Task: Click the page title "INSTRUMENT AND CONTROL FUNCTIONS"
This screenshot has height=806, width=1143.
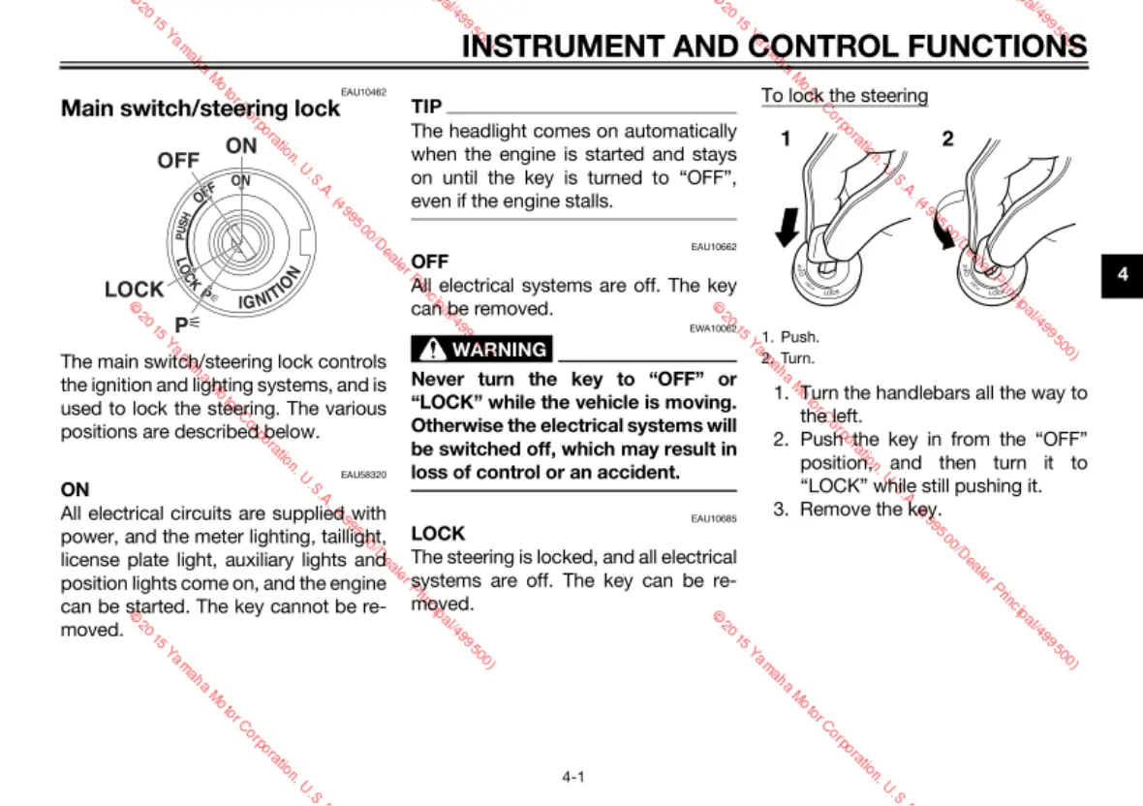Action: tap(774, 46)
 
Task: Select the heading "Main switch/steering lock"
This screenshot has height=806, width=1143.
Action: tap(201, 108)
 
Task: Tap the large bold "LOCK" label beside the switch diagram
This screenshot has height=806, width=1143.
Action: tap(134, 290)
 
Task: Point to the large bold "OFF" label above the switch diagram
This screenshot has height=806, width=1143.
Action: tap(177, 161)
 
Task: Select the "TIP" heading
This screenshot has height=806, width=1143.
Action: tap(426, 106)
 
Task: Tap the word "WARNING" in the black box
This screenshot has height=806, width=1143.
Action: tap(499, 350)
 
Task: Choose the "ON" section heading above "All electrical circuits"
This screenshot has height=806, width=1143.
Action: tap(75, 489)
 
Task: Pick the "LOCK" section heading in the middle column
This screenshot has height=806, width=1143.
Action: tap(438, 533)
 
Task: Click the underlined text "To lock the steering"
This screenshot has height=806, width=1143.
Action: tap(844, 95)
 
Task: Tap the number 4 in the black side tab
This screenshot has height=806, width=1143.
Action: tap(1123, 275)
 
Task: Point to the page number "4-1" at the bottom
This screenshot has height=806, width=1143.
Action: tap(572, 776)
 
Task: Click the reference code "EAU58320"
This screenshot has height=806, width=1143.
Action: tap(364, 475)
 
